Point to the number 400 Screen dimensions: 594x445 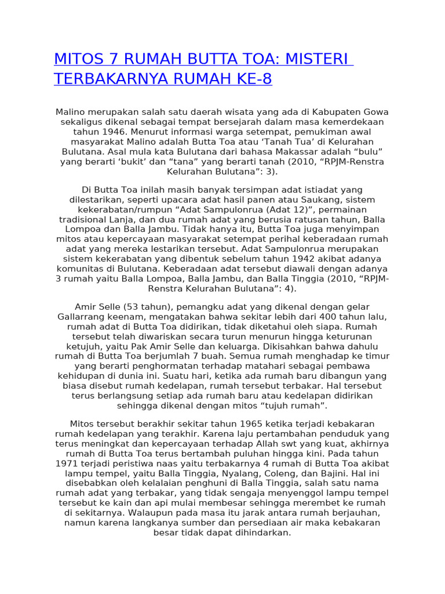click(315, 317)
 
